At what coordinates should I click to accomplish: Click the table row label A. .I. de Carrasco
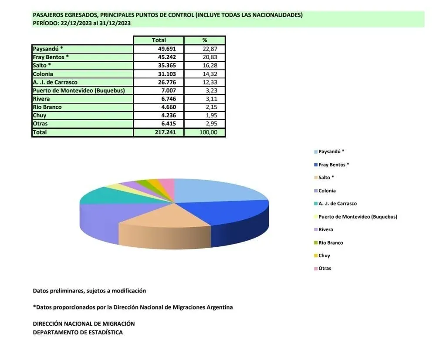55,82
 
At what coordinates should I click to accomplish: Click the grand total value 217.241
166,132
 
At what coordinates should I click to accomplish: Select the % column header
205,40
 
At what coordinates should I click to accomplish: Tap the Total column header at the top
159,40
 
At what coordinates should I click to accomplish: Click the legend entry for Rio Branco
331,242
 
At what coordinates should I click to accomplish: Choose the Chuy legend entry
324,256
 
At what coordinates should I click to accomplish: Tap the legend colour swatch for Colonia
315,191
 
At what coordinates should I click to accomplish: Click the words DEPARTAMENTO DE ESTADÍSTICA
78,333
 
